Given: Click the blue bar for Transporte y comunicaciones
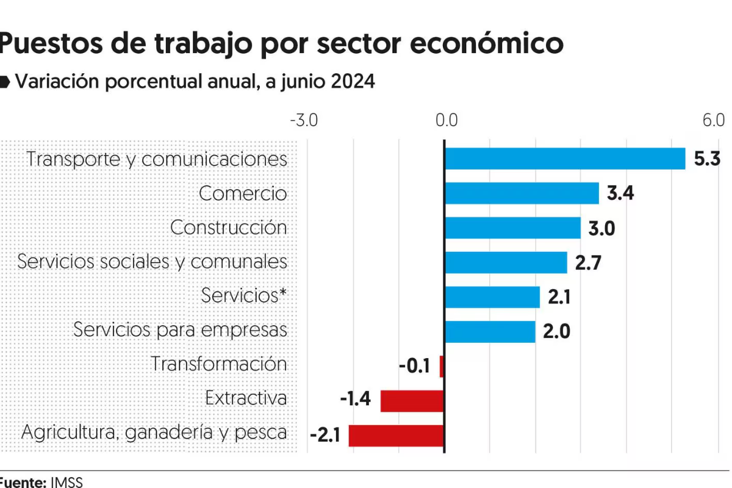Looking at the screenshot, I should [x=565, y=159].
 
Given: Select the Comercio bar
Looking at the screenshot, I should [x=522, y=193].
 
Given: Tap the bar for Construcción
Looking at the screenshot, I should [x=512, y=228].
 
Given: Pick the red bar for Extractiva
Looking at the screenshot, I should [x=412, y=401].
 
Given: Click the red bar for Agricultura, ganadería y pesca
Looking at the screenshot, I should [x=396, y=436].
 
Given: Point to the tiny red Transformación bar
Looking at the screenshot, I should [x=441, y=367].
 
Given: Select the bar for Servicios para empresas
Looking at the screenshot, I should [x=490, y=332].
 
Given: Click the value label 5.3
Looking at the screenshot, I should [x=708, y=159].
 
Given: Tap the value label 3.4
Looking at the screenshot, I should [x=620, y=194].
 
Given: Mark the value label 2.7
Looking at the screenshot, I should [x=589, y=263].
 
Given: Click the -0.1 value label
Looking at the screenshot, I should [x=415, y=367].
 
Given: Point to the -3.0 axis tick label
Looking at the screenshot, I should [x=303, y=120].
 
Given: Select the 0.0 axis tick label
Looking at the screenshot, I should [x=446, y=120].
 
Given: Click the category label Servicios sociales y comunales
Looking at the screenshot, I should [x=152, y=262].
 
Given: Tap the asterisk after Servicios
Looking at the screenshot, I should [x=282, y=293].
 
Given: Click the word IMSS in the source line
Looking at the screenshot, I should [x=66, y=482].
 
